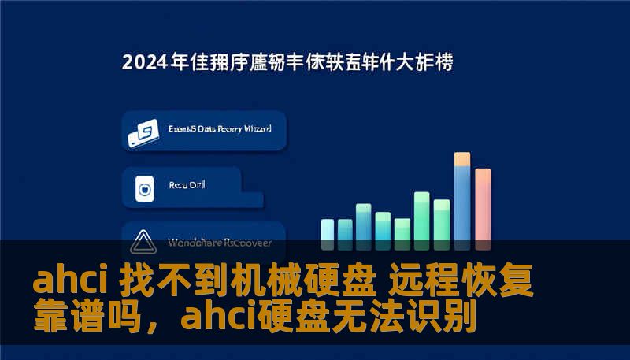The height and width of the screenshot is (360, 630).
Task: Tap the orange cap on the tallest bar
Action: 462,158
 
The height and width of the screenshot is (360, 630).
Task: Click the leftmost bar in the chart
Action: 327,229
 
